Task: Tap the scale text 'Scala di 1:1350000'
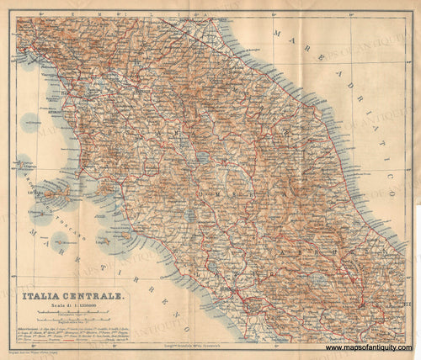point(77,306)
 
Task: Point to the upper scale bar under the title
point(77,314)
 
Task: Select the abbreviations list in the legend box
point(77,335)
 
